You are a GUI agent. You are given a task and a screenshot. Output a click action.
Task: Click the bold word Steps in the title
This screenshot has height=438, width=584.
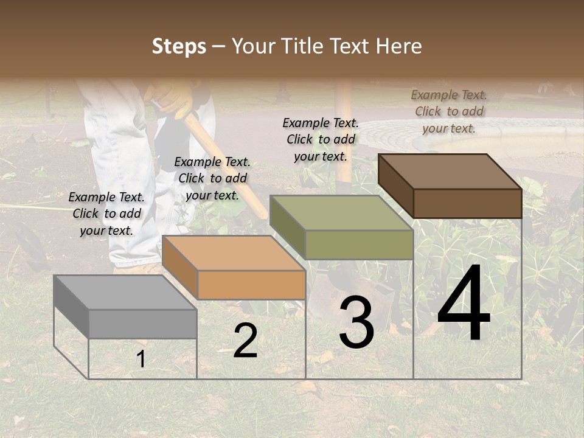click(179, 46)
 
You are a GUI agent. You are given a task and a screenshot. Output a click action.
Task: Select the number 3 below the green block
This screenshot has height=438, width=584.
click(356, 322)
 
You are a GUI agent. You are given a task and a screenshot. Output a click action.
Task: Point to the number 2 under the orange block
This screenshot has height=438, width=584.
click(246, 341)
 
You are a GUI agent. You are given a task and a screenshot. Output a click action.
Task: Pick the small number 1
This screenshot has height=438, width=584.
click(141, 359)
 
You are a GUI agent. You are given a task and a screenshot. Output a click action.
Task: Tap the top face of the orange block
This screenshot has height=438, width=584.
click(234, 252)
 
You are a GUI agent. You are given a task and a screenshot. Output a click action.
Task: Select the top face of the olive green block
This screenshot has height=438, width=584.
click(341, 212)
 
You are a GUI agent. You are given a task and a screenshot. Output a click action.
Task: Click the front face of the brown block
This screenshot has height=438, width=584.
click(467, 203)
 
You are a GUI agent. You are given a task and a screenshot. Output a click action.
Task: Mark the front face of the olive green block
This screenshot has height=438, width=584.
click(359, 245)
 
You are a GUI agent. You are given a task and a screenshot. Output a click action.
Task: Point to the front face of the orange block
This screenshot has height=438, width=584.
click(251, 285)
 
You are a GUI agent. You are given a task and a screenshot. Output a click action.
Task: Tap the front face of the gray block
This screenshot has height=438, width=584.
click(143, 324)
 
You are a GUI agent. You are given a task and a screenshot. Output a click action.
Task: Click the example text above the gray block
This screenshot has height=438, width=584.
click(106, 214)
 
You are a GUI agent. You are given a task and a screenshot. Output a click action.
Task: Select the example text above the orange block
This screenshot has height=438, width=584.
click(212, 178)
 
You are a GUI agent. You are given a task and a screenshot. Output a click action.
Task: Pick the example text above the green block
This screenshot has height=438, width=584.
click(321, 139)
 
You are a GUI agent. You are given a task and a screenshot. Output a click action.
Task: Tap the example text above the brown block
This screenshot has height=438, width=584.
click(449, 111)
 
